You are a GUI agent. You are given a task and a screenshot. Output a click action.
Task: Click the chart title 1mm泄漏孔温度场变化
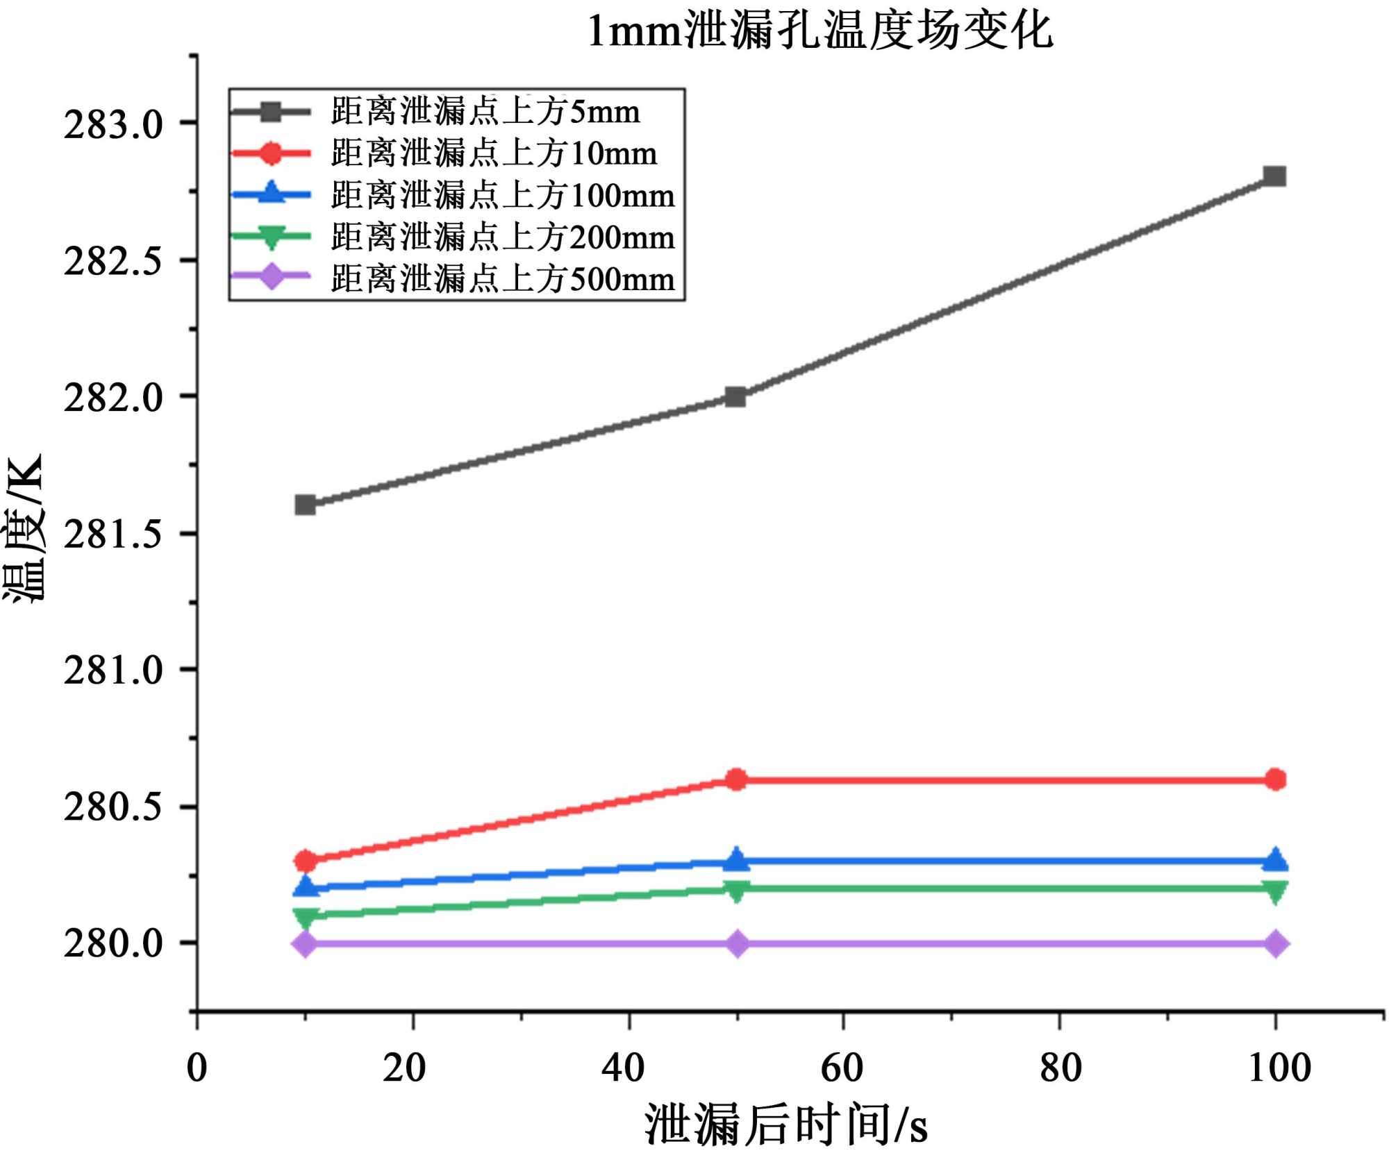(820, 31)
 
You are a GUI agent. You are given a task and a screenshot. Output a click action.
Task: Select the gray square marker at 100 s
(1274, 176)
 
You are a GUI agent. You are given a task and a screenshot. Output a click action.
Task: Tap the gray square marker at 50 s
(735, 397)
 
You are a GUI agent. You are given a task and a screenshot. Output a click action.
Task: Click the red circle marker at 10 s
(306, 861)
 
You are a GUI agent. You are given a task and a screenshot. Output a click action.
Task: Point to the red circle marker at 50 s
(736, 780)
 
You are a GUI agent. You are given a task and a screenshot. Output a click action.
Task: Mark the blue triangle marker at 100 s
(1275, 860)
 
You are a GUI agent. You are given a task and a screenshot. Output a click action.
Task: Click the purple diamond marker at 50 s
(738, 944)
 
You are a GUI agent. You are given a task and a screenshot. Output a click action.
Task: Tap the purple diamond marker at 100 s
(1275, 944)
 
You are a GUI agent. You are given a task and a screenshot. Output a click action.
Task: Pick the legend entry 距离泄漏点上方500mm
(502, 278)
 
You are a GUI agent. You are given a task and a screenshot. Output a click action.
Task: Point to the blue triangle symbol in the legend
(271, 193)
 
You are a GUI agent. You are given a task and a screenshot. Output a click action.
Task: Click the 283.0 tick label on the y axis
(113, 125)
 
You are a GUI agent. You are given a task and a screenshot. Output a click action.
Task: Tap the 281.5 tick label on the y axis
(113, 535)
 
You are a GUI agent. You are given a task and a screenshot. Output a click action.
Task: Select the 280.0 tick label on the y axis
(113, 943)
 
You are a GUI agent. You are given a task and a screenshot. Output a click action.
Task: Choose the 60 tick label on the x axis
(842, 1068)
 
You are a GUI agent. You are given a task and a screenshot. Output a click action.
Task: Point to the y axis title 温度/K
(24, 529)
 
